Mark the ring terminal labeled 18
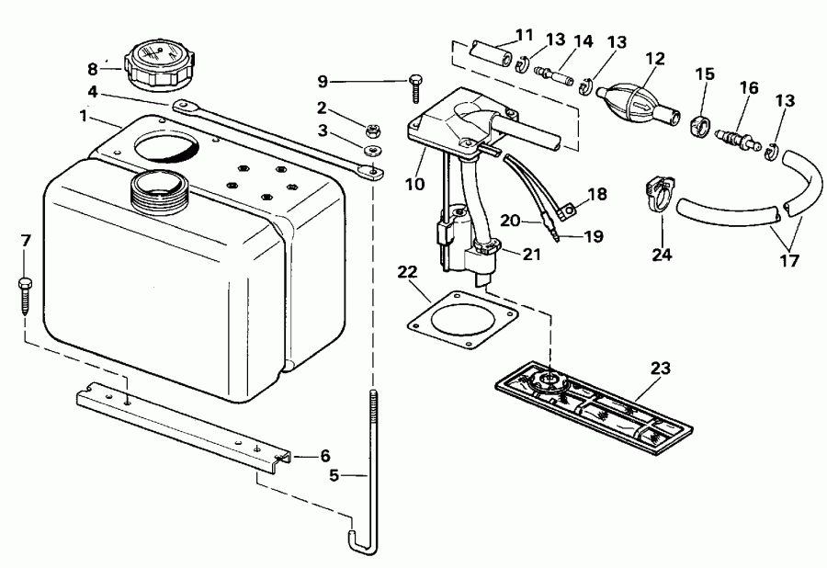571,212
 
